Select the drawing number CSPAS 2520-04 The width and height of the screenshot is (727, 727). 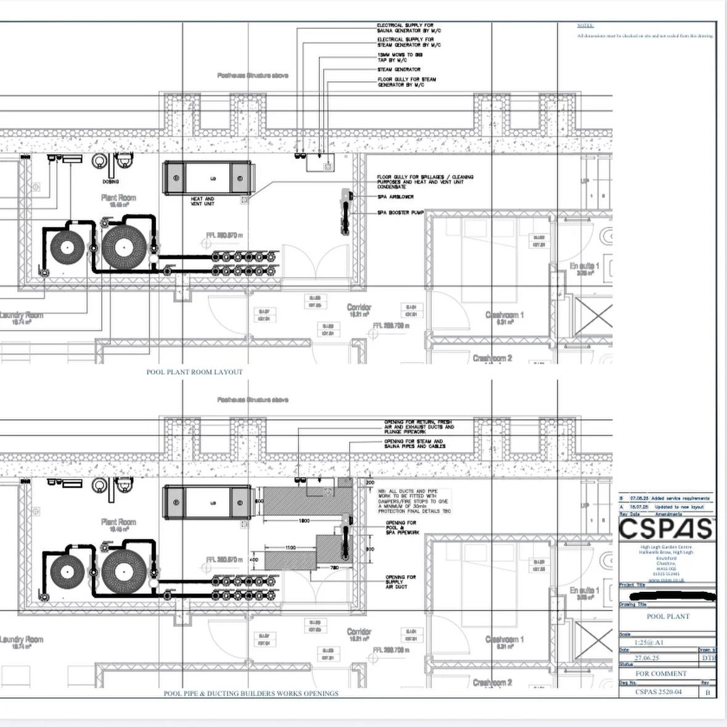click(658, 692)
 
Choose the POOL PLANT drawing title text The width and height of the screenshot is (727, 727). click(668, 616)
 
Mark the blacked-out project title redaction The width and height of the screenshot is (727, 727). click(678, 596)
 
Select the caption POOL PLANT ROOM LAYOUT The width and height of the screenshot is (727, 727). click(194, 372)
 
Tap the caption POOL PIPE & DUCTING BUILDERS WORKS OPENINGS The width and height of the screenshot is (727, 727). click(251, 693)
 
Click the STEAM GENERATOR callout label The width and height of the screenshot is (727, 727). click(399, 70)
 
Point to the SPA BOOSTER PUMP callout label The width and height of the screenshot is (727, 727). click(401, 213)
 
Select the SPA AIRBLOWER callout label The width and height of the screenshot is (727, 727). click(395, 197)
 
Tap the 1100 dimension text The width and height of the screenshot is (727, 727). click(290, 548)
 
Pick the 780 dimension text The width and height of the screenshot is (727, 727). click(335, 567)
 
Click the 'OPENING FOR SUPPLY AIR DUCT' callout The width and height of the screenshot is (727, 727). click(400, 581)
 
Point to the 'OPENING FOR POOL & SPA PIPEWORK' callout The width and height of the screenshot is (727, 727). click(401, 527)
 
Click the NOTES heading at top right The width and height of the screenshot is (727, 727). click(585, 26)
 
